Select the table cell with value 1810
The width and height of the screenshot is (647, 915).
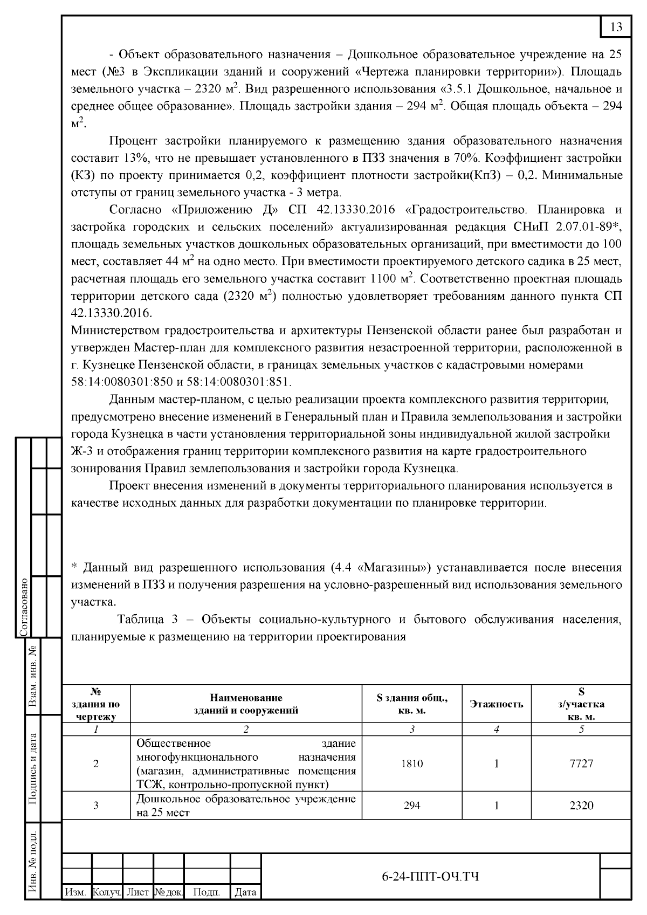tap(411, 763)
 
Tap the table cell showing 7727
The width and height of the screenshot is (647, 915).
tap(581, 763)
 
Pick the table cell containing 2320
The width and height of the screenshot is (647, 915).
tap(581, 806)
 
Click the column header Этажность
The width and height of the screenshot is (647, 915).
tap(496, 704)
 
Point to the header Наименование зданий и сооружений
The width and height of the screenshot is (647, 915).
tap(246, 704)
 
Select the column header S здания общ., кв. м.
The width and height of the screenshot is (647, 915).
tap(411, 704)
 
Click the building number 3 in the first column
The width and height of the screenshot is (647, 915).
tap(96, 806)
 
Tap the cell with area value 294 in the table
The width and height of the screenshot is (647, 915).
tap(411, 806)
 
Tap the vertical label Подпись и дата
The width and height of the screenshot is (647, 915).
tap(33, 769)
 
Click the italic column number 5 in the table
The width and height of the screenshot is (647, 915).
tap(581, 730)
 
